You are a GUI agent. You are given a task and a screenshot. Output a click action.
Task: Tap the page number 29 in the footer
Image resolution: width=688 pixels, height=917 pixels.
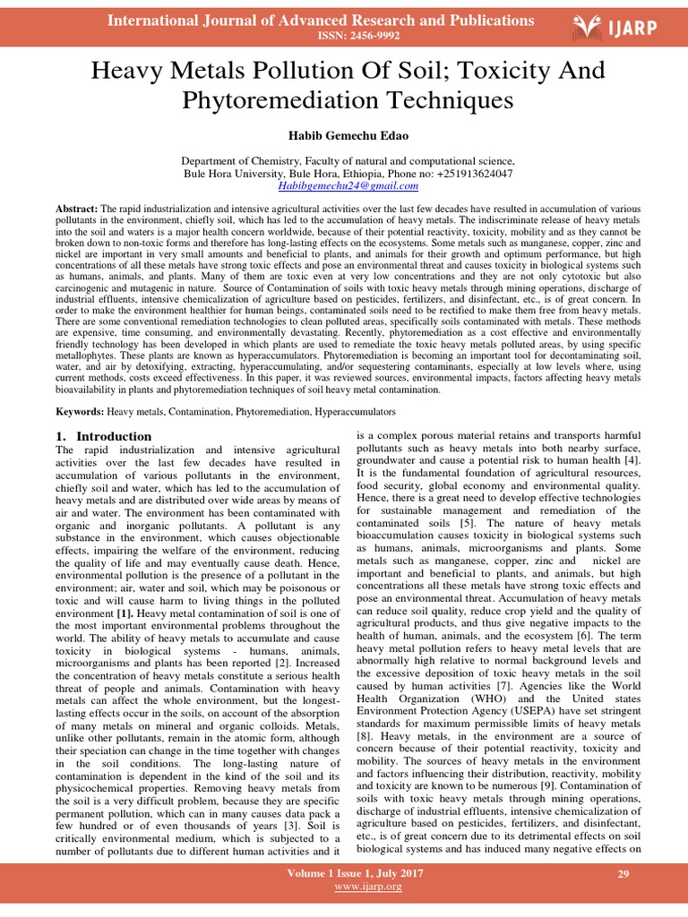click(624, 873)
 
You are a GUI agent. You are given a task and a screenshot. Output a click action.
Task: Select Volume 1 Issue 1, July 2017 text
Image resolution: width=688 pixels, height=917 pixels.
click(356, 873)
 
